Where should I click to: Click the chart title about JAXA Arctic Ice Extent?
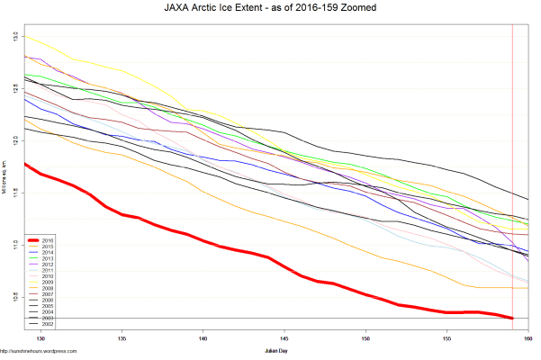click(270, 8)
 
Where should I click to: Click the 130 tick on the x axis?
click(40, 338)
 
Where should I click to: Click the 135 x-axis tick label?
click(122, 338)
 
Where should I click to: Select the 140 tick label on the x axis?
click(203, 338)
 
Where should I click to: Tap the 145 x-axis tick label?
click(284, 338)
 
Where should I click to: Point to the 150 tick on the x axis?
click(365, 338)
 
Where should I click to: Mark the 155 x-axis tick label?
click(447, 338)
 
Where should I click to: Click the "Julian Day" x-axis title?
click(276, 348)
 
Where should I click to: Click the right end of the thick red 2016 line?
click(512, 318)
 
